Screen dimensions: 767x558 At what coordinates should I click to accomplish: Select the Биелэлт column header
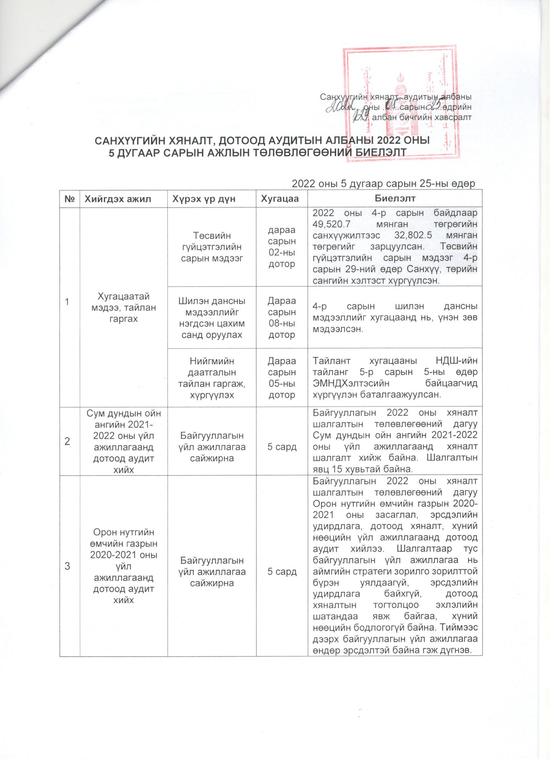(395, 198)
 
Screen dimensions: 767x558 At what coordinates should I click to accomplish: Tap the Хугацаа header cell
(282, 198)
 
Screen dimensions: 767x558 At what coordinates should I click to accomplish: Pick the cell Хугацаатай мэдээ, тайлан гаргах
(124, 312)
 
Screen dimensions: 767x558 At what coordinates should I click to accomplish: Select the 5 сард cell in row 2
(282, 447)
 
